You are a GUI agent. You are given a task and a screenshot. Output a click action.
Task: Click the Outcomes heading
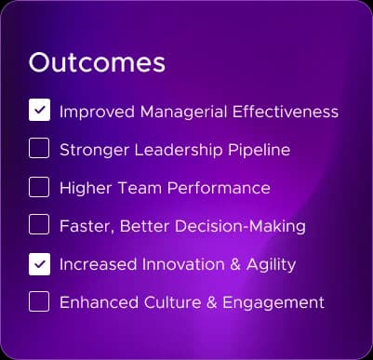coord(97,62)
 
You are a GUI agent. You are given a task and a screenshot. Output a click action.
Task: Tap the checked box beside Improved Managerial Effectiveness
coord(39,110)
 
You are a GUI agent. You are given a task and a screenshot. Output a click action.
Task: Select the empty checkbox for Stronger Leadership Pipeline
coord(39,148)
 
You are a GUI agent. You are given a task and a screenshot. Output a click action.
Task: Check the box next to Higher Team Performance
coord(39,187)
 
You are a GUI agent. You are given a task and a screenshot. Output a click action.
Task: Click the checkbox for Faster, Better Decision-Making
coord(39,224)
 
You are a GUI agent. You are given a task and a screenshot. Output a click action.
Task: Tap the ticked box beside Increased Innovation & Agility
coord(39,264)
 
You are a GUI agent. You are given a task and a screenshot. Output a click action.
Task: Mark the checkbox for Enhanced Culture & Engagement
coord(39,301)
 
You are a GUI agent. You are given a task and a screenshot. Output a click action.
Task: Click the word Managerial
coord(183,113)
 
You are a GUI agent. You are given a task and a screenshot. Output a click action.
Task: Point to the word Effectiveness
coord(286,112)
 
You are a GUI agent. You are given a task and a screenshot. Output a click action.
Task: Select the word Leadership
coord(179,151)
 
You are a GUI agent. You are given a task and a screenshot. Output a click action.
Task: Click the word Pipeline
coord(260,151)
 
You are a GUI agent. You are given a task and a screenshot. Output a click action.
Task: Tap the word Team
coord(140,188)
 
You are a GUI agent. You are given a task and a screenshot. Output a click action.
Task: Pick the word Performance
coord(219,188)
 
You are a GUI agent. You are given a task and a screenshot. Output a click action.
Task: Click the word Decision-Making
coord(240,227)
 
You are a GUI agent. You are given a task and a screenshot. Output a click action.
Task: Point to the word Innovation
coord(183,264)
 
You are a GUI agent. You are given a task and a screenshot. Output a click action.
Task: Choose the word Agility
coord(271,265)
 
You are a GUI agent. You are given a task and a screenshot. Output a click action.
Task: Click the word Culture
coord(172,302)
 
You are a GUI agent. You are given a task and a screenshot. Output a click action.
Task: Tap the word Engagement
coord(273,303)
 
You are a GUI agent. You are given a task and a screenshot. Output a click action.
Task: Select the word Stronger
coord(94,151)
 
